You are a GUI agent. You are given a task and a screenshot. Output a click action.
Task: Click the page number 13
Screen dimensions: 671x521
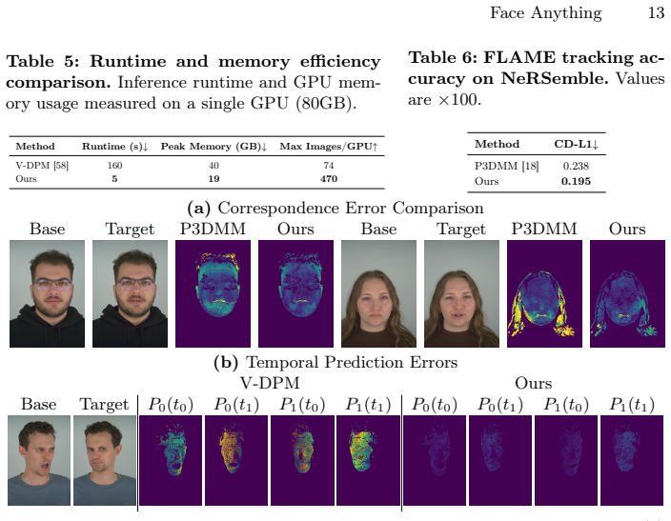[x=656, y=12]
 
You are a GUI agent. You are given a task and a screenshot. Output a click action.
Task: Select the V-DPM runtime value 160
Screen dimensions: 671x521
[x=114, y=166]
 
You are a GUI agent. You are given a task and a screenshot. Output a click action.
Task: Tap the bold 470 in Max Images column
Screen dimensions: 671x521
[x=329, y=179]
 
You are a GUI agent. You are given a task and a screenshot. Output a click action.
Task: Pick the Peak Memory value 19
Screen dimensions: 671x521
[x=213, y=179]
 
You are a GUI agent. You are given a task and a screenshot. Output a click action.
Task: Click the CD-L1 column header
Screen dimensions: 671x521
[x=576, y=144]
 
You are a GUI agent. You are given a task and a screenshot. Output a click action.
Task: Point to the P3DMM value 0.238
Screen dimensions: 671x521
[x=576, y=166]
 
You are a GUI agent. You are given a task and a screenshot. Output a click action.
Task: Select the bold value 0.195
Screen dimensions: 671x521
[x=576, y=181]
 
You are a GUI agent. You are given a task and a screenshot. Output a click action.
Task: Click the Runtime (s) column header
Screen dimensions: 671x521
[x=115, y=147]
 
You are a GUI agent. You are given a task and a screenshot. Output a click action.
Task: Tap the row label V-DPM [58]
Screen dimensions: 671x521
[x=42, y=166]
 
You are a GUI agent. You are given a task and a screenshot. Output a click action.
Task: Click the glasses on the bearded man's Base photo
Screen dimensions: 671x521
[x=51, y=284]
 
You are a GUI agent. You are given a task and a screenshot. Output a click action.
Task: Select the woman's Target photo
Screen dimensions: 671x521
[x=461, y=293]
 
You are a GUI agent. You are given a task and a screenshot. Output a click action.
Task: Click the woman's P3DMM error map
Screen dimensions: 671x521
[x=544, y=293]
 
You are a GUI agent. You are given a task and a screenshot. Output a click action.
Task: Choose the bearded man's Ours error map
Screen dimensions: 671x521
[x=295, y=293]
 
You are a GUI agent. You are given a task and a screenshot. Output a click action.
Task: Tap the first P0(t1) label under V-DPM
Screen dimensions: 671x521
[x=236, y=404]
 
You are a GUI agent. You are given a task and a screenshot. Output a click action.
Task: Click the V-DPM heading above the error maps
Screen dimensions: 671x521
[x=270, y=382]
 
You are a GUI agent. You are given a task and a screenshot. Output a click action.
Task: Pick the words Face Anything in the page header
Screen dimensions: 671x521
[x=545, y=12]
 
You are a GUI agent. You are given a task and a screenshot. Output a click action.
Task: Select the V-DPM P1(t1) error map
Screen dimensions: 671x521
[x=368, y=460]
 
